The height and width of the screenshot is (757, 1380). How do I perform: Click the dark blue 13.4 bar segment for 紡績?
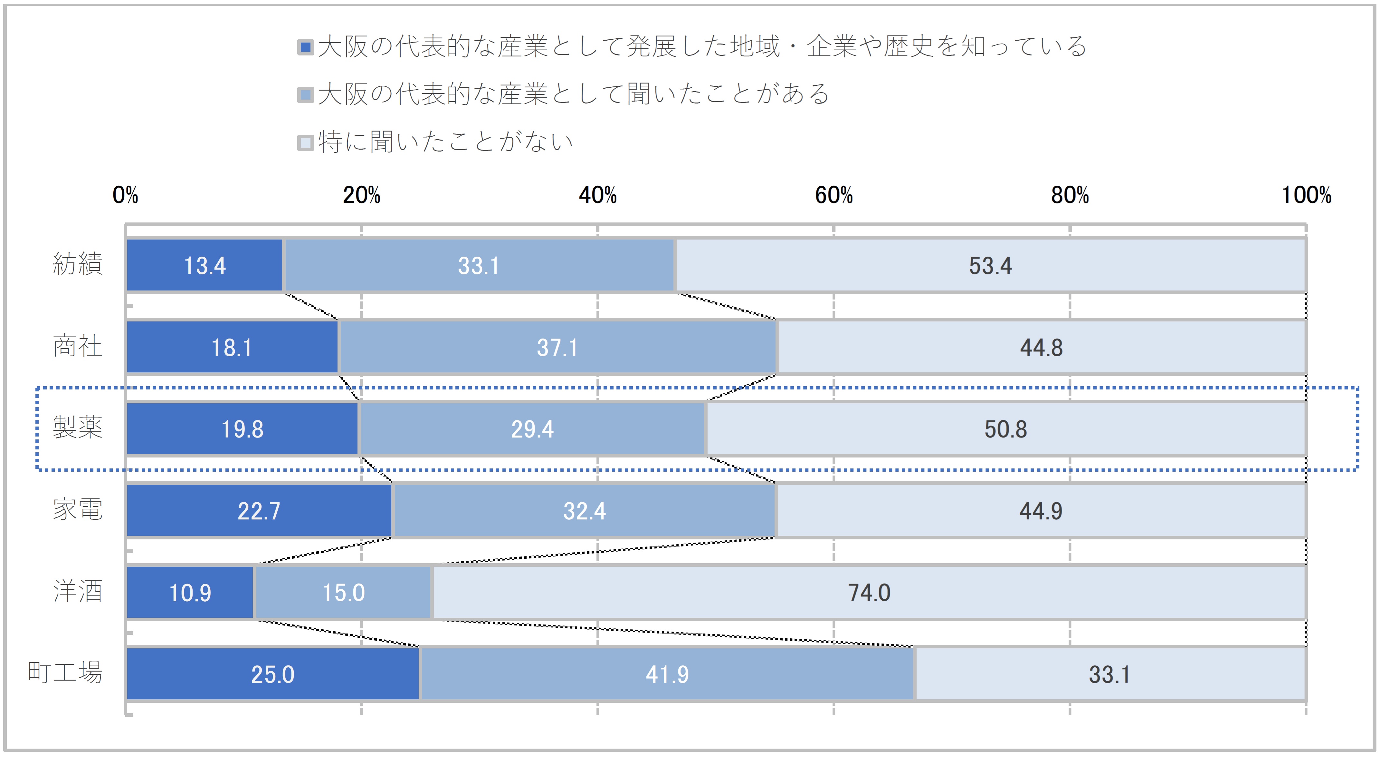click(x=205, y=265)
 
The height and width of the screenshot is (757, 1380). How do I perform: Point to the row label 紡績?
click(x=78, y=264)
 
